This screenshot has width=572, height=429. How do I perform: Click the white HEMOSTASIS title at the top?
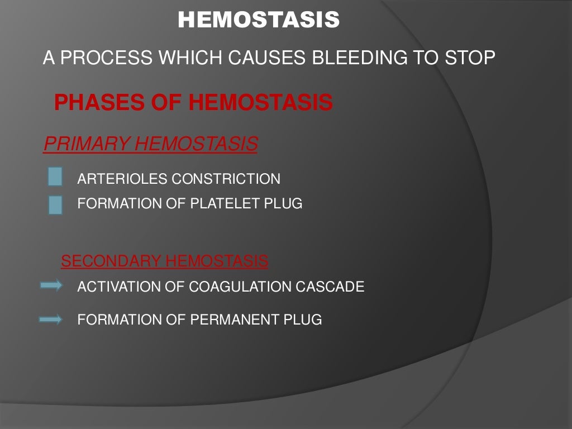[259, 20]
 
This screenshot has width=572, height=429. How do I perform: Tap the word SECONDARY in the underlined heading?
[111, 261]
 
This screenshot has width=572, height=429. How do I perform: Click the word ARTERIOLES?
[122, 179]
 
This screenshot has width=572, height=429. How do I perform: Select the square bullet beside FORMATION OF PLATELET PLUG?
[55, 204]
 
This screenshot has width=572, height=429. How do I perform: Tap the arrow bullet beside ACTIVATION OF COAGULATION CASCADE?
[51, 286]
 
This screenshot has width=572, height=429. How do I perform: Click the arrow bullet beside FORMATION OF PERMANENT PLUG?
[51, 320]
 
